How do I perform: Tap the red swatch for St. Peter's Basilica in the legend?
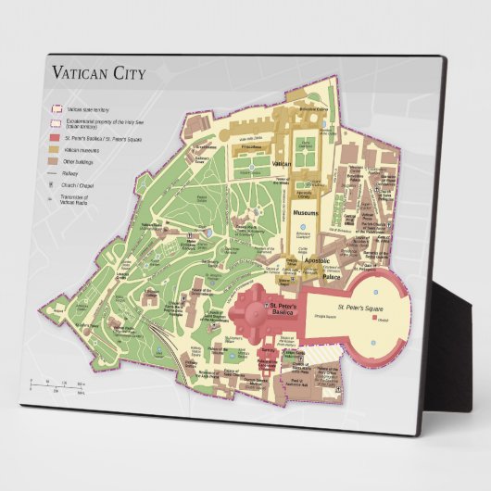coord(55,134)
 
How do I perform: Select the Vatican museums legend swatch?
coord(55,148)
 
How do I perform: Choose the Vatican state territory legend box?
coord(55,108)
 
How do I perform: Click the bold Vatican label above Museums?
coord(283,163)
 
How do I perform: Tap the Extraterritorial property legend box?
coord(55,121)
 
